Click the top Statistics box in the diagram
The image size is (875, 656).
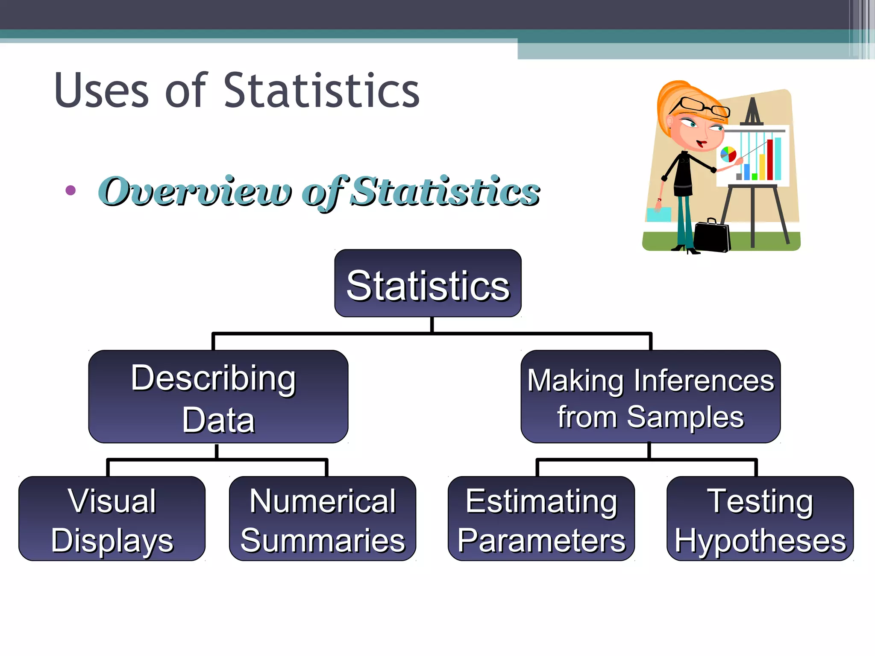coord(428,283)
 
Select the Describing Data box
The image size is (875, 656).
coord(218,396)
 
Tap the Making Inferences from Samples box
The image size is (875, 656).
coord(650,396)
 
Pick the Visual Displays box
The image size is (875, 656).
coord(112,518)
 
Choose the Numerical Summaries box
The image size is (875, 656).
coord(323,518)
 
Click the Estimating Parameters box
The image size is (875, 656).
coord(541,518)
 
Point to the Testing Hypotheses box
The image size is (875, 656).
coord(760,518)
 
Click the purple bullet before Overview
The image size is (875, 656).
coord(71,190)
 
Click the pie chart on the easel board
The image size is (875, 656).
coord(728,154)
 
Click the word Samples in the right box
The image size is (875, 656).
coord(685,417)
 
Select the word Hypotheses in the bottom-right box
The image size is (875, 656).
coord(760,541)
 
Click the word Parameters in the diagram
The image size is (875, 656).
coord(541,541)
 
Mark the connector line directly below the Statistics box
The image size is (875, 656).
coord(432,325)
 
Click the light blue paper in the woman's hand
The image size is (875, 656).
coord(658,214)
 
